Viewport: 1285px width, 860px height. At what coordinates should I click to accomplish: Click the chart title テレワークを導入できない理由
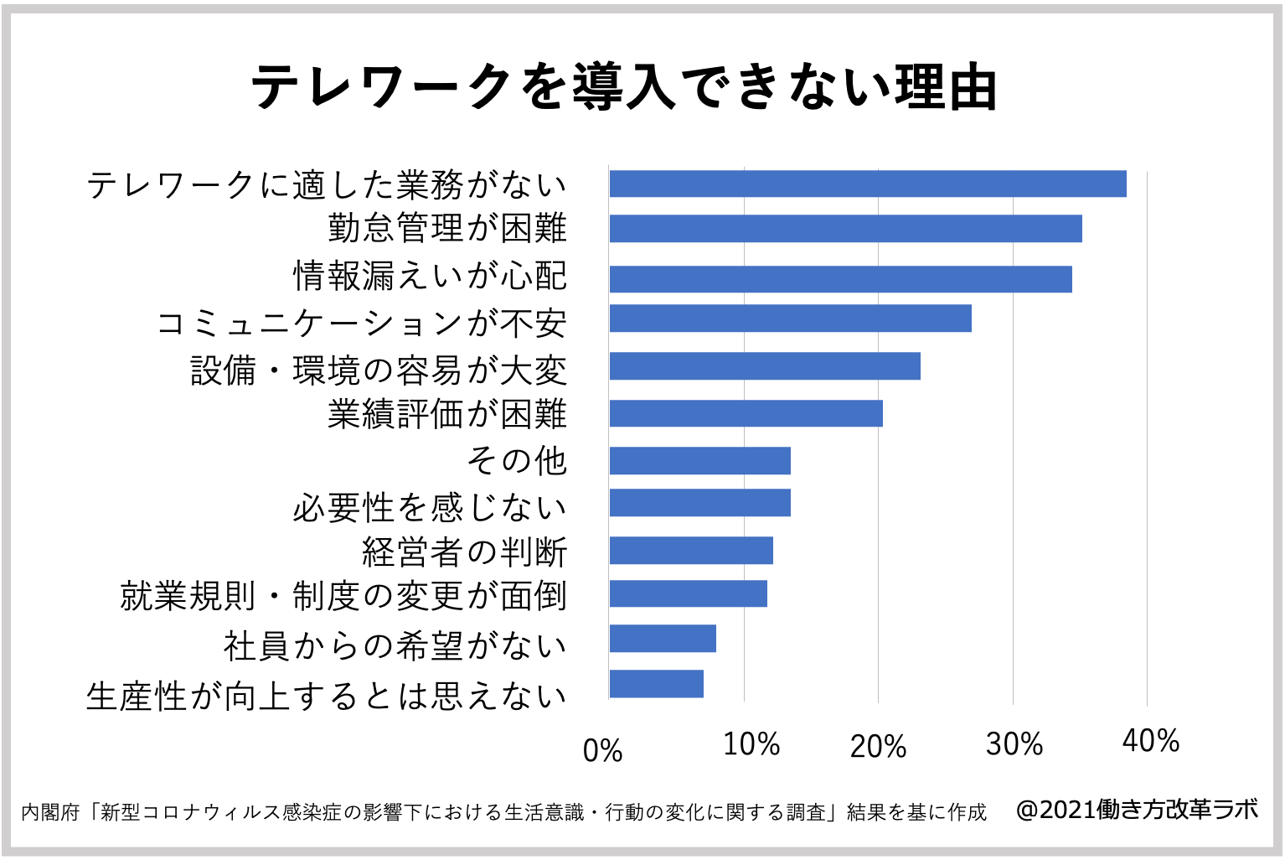click(624, 87)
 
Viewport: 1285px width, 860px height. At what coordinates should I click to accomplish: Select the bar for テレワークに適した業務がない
click(867, 184)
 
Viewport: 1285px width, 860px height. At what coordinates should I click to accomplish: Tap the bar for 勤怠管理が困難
click(845, 229)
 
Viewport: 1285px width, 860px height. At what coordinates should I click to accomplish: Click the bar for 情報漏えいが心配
click(840, 279)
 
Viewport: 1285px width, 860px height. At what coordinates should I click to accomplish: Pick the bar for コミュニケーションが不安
click(790, 319)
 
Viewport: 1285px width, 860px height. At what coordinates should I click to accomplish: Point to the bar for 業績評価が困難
click(746, 413)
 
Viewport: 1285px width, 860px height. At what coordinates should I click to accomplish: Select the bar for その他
click(699, 461)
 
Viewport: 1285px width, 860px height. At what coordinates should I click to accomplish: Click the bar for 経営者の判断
click(691, 551)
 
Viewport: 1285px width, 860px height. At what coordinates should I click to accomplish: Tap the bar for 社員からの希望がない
click(663, 639)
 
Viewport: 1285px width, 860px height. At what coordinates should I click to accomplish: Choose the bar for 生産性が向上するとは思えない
click(656, 684)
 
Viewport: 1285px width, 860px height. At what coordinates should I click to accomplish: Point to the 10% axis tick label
click(751, 744)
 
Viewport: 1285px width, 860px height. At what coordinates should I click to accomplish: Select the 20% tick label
click(877, 747)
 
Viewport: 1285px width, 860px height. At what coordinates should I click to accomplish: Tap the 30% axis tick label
click(1014, 744)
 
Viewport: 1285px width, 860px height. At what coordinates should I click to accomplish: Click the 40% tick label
click(1150, 741)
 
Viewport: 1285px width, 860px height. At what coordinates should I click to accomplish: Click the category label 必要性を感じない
click(430, 507)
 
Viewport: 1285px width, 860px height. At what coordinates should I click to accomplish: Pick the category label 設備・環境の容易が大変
click(379, 370)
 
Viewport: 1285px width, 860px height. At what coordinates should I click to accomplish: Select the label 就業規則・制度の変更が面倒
click(343, 596)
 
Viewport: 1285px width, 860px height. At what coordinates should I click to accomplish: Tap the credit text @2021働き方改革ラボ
click(1136, 810)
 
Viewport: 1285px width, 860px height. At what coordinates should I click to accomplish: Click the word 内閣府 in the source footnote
click(50, 812)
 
